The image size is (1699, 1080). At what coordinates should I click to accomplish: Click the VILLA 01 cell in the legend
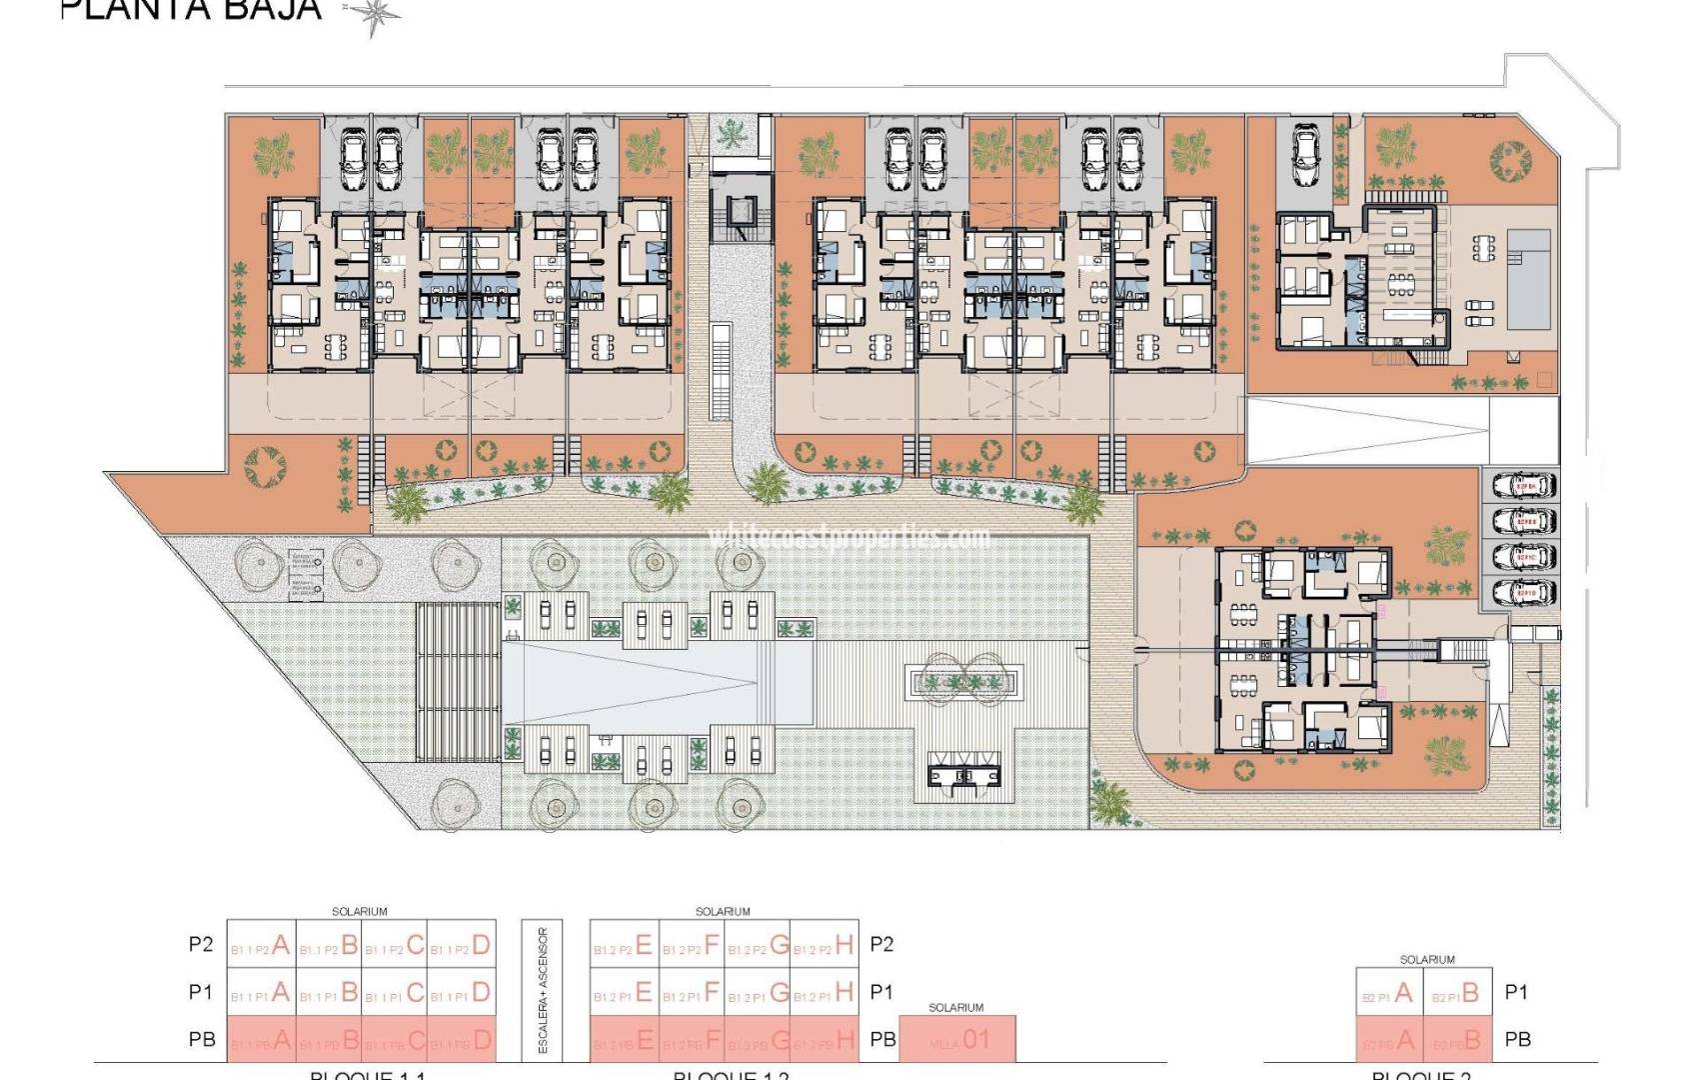click(x=957, y=1040)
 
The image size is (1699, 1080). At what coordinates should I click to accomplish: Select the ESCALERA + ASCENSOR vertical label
click(x=543, y=991)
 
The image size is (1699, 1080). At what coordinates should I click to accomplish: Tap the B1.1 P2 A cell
click(x=262, y=944)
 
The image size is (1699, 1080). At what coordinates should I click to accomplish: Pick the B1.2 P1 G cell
click(x=758, y=992)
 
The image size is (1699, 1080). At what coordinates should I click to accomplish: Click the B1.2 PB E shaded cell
click(x=624, y=1041)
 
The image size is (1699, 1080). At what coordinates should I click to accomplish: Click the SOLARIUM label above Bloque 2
click(x=1426, y=959)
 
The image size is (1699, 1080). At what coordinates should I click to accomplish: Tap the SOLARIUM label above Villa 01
click(x=956, y=1007)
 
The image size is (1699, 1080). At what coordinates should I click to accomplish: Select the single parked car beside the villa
click(x=1305, y=156)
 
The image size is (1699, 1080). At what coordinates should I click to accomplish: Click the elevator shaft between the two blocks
click(x=740, y=211)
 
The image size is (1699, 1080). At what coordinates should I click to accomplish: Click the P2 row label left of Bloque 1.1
click(x=201, y=945)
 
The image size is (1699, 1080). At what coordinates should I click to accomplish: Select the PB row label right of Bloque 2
click(x=1517, y=1040)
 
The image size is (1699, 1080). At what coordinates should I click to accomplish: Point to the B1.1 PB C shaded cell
click(x=395, y=1041)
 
